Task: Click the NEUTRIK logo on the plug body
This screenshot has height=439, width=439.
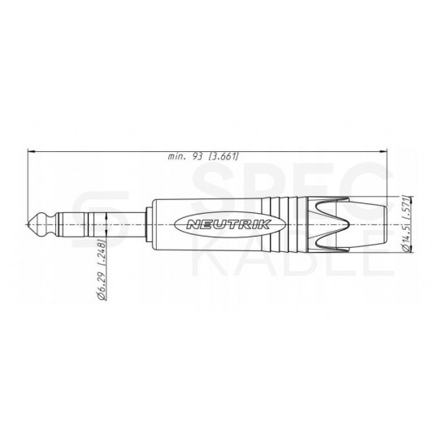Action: pyautogui.click(x=217, y=223)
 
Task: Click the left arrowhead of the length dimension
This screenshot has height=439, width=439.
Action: pyautogui.click(x=31, y=150)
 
